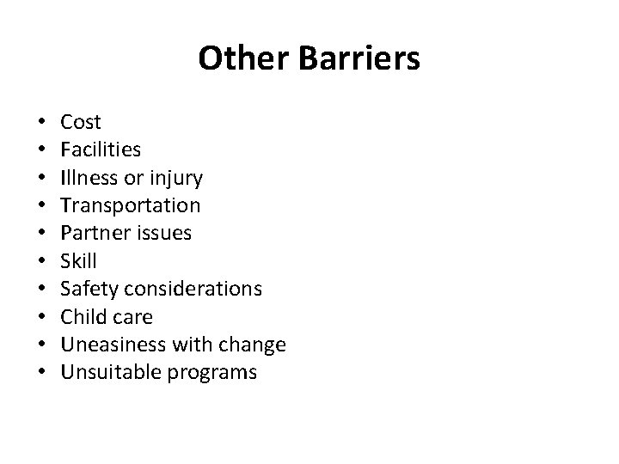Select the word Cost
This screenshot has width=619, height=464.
[81, 123]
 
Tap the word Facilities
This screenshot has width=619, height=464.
[101, 150]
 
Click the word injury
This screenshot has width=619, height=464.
[175, 179]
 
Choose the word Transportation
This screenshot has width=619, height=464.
[131, 206]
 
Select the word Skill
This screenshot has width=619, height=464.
[79, 261]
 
